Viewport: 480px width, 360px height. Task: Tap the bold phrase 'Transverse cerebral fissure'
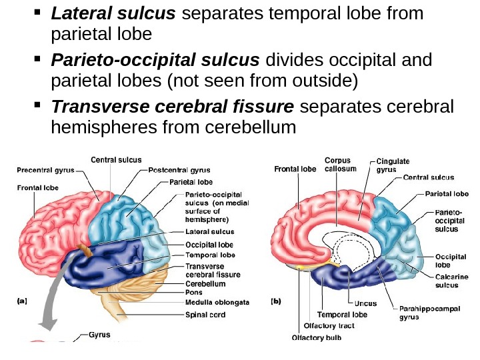pos(173,107)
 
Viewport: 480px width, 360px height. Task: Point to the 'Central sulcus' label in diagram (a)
pos(116,159)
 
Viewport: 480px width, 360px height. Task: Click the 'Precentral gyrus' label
pos(45,170)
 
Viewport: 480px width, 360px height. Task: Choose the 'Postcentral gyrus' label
pos(179,170)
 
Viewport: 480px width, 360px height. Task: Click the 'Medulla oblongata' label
pos(217,302)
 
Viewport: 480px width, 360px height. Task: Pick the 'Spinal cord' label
pos(205,315)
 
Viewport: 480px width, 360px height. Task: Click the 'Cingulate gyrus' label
pos(393,165)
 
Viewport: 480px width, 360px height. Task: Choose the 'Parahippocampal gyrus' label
pos(423,313)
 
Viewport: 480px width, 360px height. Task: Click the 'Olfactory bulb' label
pos(317,337)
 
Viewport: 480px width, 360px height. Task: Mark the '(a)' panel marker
pos(21,301)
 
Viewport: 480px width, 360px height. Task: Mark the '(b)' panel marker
pos(276,301)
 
